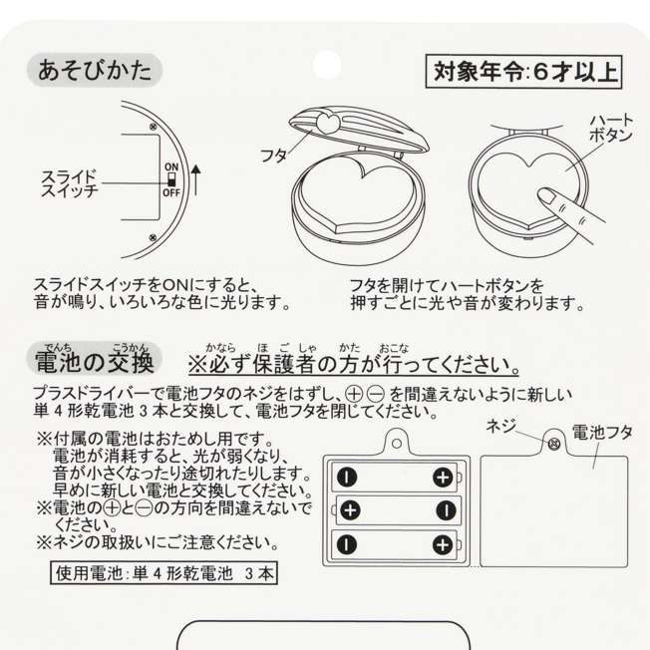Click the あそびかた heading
point(95,71)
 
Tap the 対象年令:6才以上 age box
point(524,72)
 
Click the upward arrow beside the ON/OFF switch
point(196,180)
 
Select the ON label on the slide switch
point(171,167)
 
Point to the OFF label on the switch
point(171,192)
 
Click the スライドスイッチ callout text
point(69,183)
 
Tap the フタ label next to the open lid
point(273,156)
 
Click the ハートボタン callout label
point(611,128)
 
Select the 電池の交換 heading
point(95,360)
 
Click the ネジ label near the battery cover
point(501,426)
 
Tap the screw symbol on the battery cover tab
point(554,444)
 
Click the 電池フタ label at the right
point(602,433)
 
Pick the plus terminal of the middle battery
point(351,510)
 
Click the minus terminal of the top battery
point(347,477)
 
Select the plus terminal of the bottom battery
point(443,544)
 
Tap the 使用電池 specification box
point(163,573)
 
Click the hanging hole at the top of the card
point(327,65)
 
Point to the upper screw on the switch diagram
point(153,127)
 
